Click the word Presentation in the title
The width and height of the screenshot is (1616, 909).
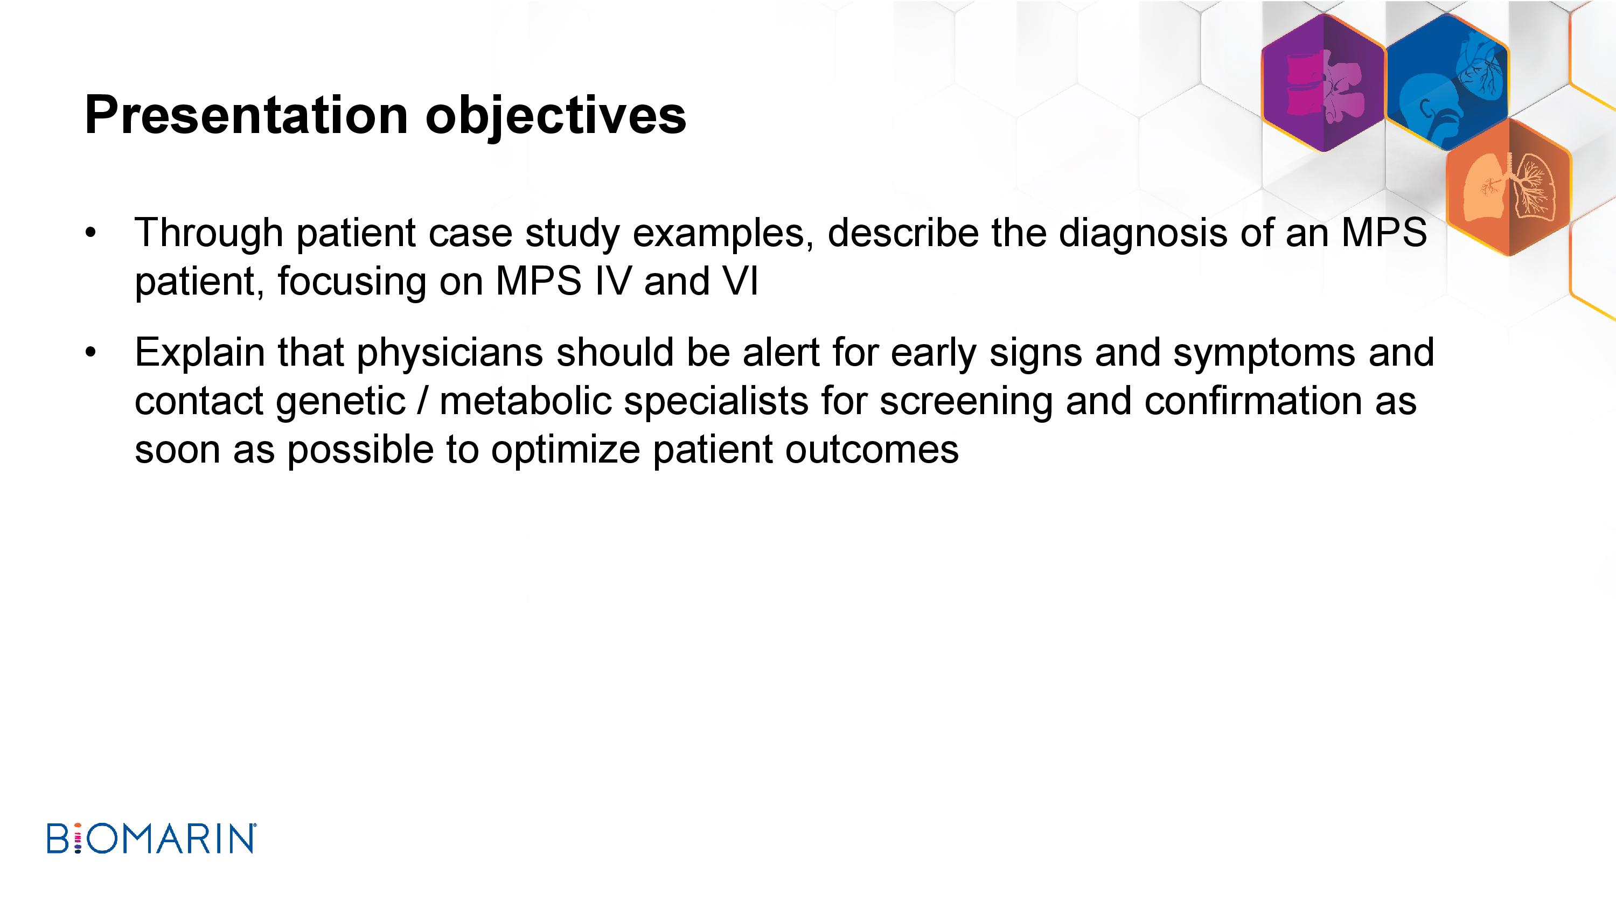point(247,115)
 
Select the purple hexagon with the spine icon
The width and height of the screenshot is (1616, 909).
point(1324,83)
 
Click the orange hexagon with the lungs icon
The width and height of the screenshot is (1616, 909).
point(1509,187)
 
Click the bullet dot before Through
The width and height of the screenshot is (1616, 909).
point(91,233)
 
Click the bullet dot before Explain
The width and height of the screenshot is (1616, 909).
point(91,353)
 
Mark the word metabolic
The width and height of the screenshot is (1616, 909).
point(526,402)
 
